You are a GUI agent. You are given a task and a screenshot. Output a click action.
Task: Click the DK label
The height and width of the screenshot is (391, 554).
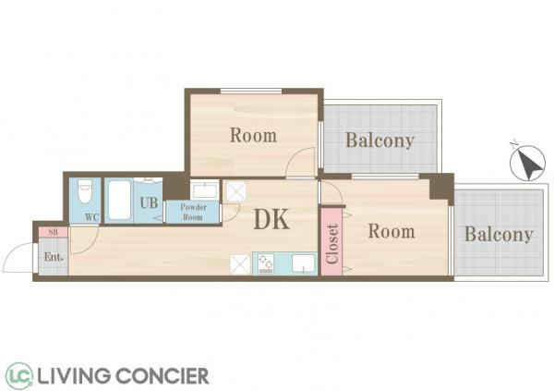point(271,219)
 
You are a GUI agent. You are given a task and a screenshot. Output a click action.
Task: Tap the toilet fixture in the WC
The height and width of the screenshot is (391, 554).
point(84,191)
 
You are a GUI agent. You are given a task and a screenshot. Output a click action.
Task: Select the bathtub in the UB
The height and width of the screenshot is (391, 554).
point(119,200)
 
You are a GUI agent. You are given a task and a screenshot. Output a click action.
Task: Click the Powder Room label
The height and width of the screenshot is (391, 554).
point(193,212)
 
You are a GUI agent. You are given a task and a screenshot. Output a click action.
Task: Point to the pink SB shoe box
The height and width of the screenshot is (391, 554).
point(53,233)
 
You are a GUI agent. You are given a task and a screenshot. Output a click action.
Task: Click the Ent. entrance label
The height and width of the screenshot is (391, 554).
point(54,257)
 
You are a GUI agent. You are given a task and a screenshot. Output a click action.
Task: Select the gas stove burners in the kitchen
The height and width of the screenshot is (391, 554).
point(265,263)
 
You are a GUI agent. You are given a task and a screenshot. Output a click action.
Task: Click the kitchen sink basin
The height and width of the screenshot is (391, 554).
point(303,263)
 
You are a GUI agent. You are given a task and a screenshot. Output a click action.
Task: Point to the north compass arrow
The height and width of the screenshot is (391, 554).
point(528,163)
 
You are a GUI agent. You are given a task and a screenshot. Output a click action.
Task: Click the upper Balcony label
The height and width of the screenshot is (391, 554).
point(379,141)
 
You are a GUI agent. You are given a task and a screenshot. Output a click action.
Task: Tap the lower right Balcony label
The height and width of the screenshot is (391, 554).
point(499,234)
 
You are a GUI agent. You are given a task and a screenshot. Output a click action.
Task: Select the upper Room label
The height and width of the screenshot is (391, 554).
point(253,136)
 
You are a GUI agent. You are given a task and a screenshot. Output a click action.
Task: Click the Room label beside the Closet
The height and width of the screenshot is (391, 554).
point(391,231)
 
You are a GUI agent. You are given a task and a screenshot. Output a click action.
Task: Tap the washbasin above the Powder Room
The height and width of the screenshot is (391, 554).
point(205,190)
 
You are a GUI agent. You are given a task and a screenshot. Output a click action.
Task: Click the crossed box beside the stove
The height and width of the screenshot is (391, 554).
point(240,264)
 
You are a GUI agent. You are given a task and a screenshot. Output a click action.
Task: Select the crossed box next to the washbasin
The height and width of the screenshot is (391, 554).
point(236,191)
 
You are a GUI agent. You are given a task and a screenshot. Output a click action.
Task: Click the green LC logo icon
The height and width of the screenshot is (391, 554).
point(19,374)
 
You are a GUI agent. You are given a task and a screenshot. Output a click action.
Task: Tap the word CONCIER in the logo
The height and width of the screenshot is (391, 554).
point(163,376)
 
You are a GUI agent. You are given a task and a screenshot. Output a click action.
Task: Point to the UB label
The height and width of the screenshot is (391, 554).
point(149,202)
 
